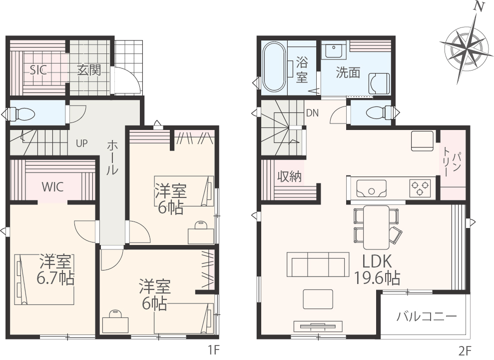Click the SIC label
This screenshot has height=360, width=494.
(38, 69)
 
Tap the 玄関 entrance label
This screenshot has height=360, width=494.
(89, 69)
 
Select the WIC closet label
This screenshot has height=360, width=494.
(52, 187)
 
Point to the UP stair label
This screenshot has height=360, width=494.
(81, 143)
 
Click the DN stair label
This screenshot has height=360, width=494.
(313, 113)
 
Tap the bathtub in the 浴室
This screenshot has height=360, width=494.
(274, 67)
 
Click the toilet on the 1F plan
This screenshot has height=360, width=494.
(21, 114)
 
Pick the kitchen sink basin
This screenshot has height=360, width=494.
(372, 188)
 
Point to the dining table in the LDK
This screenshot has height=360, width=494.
(376, 227)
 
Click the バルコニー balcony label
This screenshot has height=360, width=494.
(427, 316)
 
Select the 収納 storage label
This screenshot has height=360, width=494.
(289, 176)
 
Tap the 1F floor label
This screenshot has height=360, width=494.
(213, 350)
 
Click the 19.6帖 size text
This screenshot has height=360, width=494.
(378, 278)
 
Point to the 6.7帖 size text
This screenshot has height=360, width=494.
(55, 278)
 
